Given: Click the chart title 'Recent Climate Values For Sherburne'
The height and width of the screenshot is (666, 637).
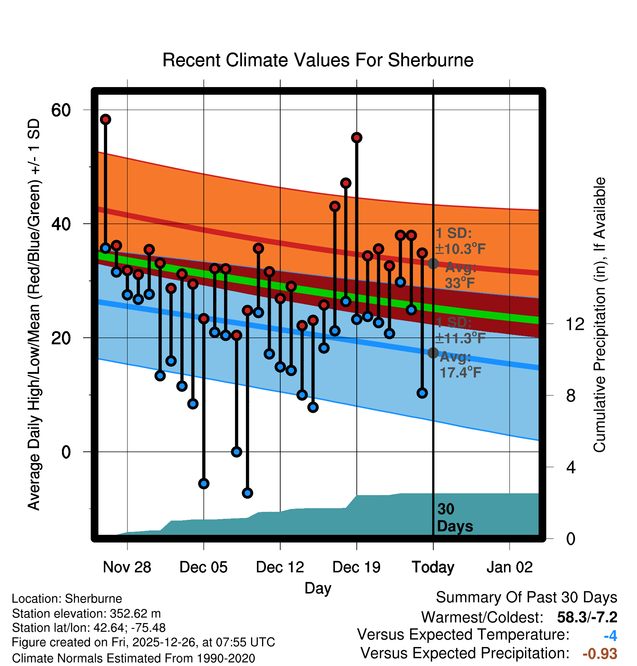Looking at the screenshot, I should pyautogui.click(x=318, y=60).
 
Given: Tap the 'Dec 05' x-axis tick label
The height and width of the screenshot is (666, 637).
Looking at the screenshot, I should pyautogui.click(x=203, y=567).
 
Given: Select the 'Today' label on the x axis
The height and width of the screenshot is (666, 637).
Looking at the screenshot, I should pyautogui.click(x=433, y=567).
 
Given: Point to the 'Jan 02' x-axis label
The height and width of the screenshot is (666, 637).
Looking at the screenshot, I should pyautogui.click(x=509, y=567).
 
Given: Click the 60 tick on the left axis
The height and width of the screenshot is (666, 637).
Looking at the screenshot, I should pyautogui.click(x=61, y=110).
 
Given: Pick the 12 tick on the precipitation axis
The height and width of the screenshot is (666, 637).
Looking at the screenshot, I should pyautogui.click(x=575, y=324).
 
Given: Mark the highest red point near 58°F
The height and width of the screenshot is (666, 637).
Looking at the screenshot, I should pyautogui.click(x=105, y=119).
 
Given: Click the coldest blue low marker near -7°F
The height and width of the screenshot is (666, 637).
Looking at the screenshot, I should pyautogui.click(x=247, y=493).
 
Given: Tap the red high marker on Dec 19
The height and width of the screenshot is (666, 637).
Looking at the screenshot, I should pyautogui.click(x=356, y=137).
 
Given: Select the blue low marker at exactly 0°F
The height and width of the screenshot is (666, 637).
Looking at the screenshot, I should pyautogui.click(x=237, y=452).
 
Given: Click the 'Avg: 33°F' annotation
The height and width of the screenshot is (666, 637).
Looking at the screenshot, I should pyautogui.click(x=460, y=275).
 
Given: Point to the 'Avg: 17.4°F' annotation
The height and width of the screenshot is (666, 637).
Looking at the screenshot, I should pyautogui.click(x=460, y=365).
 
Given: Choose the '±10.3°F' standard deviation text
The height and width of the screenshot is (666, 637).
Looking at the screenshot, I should pyautogui.click(x=460, y=249).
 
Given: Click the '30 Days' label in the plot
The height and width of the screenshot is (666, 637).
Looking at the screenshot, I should pyautogui.click(x=454, y=518).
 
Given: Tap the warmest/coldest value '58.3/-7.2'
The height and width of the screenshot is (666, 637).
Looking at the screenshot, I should pyautogui.click(x=587, y=618).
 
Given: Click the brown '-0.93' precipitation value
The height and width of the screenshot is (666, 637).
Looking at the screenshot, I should pyautogui.click(x=600, y=654).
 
